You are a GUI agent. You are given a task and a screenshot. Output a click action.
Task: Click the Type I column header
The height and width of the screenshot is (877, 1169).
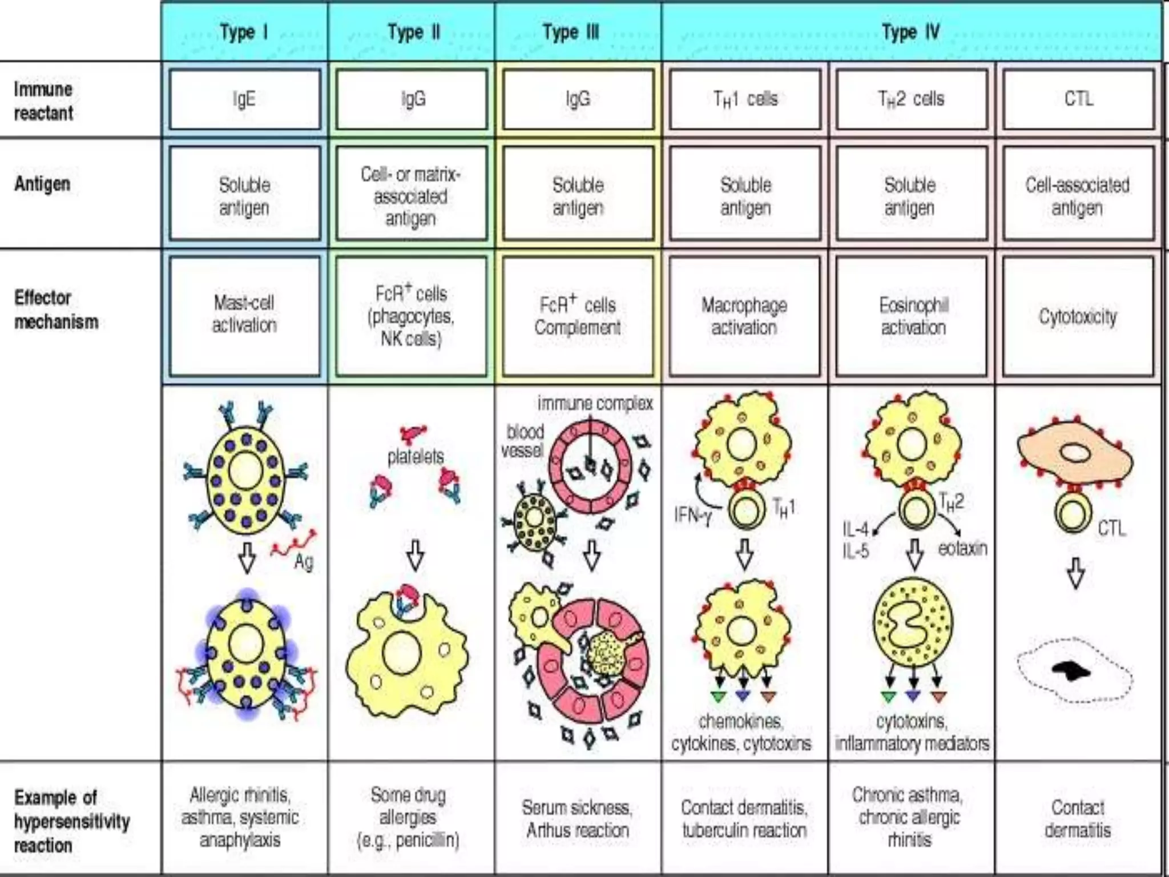click(244, 32)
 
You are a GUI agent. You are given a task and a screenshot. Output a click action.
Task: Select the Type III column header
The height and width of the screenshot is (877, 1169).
click(571, 32)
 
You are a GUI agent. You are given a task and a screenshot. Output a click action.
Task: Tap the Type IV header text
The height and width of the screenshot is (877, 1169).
click(910, 32)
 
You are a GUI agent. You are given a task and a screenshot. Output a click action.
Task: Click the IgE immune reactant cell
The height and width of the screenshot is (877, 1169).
click(244, 99)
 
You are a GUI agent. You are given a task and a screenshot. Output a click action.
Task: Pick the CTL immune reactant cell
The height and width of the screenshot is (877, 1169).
click(1078, 99)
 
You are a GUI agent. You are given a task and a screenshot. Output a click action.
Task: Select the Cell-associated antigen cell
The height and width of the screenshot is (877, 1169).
click(1078, 196)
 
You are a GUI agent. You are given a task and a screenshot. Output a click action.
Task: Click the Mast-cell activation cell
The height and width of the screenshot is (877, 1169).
click(244, 314)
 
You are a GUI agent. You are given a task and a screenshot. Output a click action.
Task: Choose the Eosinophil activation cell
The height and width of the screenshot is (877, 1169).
click(912, 316)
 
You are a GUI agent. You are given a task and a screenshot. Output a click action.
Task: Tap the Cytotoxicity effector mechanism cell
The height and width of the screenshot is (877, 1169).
click(1078, 316)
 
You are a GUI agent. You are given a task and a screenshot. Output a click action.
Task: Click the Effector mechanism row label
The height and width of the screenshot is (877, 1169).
click(56, 309)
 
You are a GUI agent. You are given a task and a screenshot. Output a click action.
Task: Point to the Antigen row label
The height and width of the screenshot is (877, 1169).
click(43, 184)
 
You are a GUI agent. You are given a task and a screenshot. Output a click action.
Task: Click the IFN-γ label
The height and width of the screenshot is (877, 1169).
click(692, 516)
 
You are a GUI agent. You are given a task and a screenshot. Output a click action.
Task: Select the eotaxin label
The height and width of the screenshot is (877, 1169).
click(962, 548)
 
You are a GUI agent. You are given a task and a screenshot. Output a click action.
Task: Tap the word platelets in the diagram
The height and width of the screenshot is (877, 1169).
click(415, 456)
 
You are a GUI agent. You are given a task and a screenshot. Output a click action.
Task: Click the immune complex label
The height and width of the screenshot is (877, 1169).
click(595, 403)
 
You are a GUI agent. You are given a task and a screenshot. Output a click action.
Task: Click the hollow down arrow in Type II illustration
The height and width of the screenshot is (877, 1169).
click(415, 554)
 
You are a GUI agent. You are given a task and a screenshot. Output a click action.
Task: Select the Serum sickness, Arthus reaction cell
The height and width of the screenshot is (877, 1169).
click(577, 818)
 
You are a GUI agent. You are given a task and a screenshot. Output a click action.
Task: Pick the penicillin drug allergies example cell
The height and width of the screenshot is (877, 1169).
click(408, 817)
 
